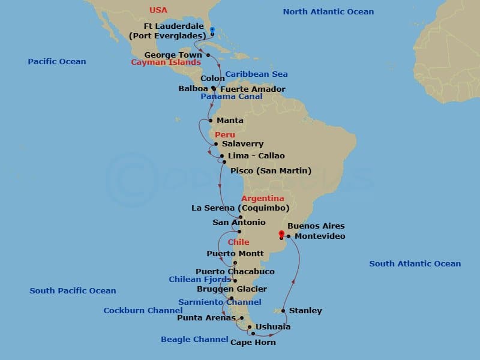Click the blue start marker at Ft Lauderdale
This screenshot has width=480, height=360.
point(212,29)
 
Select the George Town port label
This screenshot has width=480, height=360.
point(173,55)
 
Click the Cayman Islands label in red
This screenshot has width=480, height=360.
point(166,62)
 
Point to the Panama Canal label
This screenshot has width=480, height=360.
point(232,97)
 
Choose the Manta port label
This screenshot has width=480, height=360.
point(230,121)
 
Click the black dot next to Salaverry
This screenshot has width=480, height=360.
point(215,144)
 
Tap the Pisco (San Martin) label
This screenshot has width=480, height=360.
point(271,171)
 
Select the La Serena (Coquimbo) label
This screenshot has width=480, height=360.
point(241,208)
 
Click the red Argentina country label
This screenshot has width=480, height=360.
point(263,199)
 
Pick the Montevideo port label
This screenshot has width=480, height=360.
point(319,236)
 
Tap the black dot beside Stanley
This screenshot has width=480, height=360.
point(283,311)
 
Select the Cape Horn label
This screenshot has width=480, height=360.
point(253,342)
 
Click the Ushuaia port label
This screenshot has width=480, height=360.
point(273,327)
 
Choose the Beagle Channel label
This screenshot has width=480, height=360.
point(194,340)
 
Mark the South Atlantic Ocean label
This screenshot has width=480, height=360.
point(415,263)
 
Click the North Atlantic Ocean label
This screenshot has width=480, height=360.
point(328,11)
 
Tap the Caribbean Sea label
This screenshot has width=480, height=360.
point(257,74)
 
